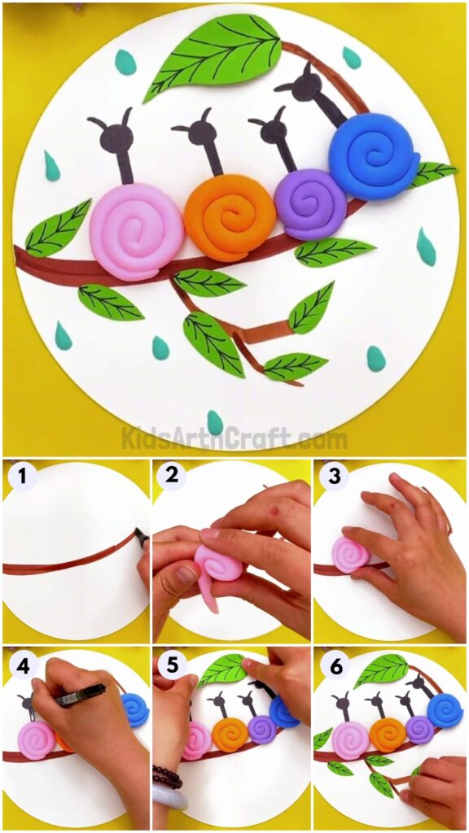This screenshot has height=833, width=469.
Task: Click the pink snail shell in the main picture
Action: [136, 232]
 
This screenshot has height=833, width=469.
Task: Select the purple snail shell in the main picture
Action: [310, 203]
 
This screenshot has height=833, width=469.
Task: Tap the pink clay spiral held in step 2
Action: [218, 562]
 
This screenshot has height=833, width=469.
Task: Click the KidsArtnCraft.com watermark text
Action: [234, 439]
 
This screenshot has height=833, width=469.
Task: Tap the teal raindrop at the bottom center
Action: [215, 422]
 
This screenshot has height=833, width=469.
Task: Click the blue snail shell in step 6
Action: [445, 709]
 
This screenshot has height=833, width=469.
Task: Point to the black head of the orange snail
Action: [199, 133]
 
